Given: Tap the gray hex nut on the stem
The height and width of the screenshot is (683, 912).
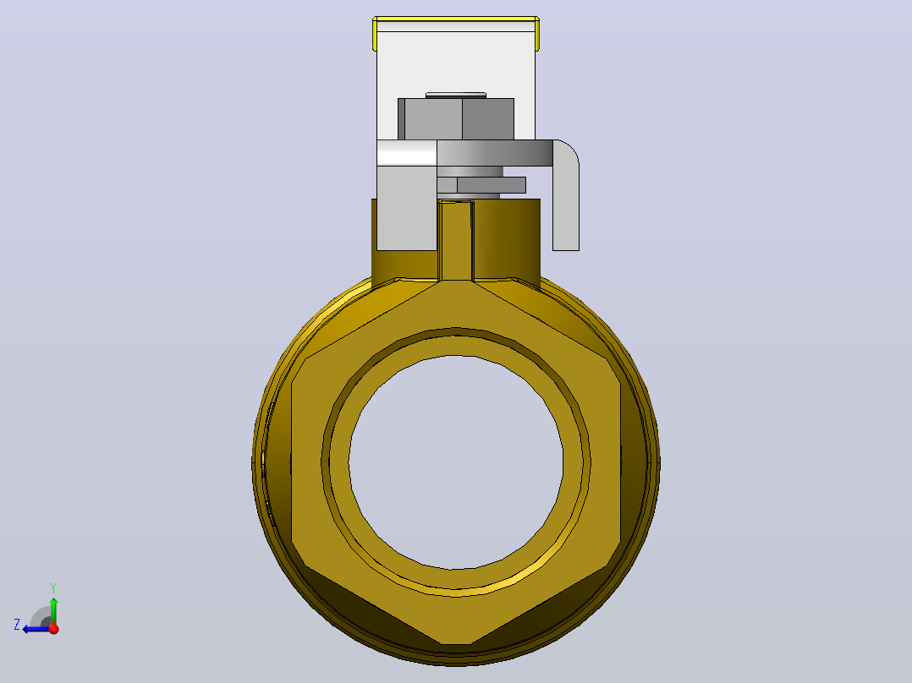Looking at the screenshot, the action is point(456,119).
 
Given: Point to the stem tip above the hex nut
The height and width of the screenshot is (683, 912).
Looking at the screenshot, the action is point(456,95).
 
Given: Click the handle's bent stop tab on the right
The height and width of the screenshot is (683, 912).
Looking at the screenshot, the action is point(566,194).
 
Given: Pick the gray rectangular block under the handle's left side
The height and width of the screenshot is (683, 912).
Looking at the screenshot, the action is point(407,208).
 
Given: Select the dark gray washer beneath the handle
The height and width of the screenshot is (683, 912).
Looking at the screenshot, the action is point(481,185).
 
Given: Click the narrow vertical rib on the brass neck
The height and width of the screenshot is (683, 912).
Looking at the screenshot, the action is point(456,239).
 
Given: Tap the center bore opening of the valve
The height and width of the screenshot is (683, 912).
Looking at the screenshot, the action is point(456,462).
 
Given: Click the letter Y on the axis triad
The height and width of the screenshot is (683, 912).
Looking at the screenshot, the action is point(53,587).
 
